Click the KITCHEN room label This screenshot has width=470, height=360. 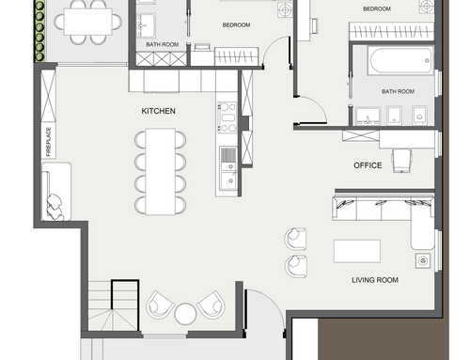[x=158, y=111]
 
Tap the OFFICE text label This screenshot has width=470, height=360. [x=368, y=165]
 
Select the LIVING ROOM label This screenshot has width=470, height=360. [x=375, y=280]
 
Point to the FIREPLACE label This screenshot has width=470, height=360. [x=48, y=141]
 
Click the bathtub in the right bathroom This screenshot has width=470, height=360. [x=400, y=60]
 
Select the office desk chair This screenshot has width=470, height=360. [x=401, y=161]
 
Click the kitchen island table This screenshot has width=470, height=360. [x=160, y=171]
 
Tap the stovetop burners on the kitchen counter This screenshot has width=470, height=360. [x=227, y=117]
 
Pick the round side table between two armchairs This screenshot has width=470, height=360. [x=185, y=314]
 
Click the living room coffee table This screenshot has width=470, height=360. [x=357, y=251]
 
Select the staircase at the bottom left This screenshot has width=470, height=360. [x=113, y=305]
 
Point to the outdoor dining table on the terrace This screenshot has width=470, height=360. [x=87, y=22]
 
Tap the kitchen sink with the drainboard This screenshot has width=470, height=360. [x=228, y=168]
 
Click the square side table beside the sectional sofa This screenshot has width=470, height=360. [x=423, y=260]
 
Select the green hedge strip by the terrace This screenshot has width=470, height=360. [x=39, y=31]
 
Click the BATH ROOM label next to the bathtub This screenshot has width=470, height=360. [x=398, y=91]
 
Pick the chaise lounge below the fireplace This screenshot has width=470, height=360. [x=56, y=191]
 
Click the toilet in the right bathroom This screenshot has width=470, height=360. [x=419, y=115]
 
